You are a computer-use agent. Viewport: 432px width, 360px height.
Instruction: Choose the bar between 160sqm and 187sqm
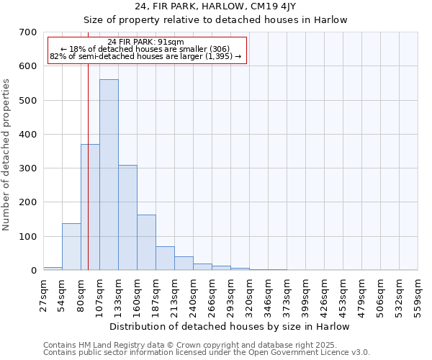pyautogui.click(x=146, y=243)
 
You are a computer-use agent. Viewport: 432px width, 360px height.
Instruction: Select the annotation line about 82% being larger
pyautogui.click(x=145, y=56)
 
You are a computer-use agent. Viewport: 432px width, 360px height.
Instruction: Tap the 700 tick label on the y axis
pyautogui.click(x=27, y=32)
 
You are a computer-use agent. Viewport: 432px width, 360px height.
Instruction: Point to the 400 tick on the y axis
pyautogui.click(x=27, y=135)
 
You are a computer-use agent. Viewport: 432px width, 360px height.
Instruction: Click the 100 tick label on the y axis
pyautogui.click(x=27, y=237)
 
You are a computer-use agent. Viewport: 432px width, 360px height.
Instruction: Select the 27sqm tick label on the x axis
pyautogui.click(x=43, y=294)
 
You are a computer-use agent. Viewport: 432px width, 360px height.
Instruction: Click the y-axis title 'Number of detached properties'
pyautogui.click(x=7, y=155)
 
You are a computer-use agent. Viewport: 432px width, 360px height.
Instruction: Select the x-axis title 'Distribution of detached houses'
pyautogui.click(x=230, y=326)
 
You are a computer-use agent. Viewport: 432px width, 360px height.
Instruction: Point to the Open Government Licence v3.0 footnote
pyautogui.click(x=207, y=353)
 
